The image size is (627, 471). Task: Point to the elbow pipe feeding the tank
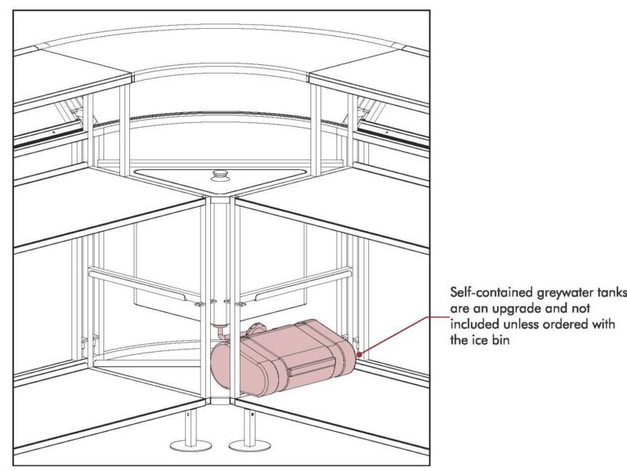[220, 332]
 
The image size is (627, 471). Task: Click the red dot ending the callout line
[359, 354]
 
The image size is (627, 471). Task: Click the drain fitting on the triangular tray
[219, 175]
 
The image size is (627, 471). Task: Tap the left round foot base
[190, 444]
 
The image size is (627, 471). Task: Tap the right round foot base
[249, 444]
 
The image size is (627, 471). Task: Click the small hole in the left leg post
[188, 415]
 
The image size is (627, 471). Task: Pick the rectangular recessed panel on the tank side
[311, 366]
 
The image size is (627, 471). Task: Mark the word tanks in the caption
[612, 292]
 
